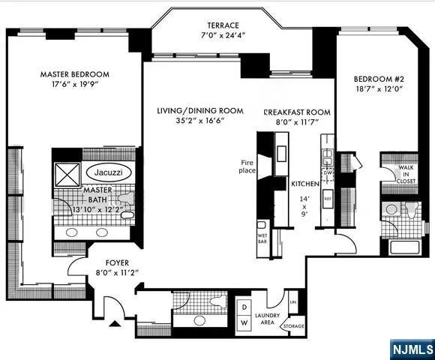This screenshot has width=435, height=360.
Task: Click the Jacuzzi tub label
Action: coord(109,172)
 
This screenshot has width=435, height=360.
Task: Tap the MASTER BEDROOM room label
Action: coord(74,74)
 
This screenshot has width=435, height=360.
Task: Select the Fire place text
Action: coord(248,166)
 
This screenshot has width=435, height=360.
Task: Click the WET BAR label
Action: coord(262,228)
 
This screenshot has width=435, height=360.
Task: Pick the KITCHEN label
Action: coord(306,184)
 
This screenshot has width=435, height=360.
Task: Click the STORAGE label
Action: coord(294,326)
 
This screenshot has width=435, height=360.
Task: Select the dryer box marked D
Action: coord(244,306)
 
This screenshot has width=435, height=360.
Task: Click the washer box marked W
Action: coord(244,322)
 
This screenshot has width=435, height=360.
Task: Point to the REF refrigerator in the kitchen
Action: coord(327,198)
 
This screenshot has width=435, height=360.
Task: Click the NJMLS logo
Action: coord(412,349)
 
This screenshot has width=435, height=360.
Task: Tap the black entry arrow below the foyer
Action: coord(114,324)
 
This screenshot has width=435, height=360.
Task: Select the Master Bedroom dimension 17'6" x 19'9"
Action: coord(74,86)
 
